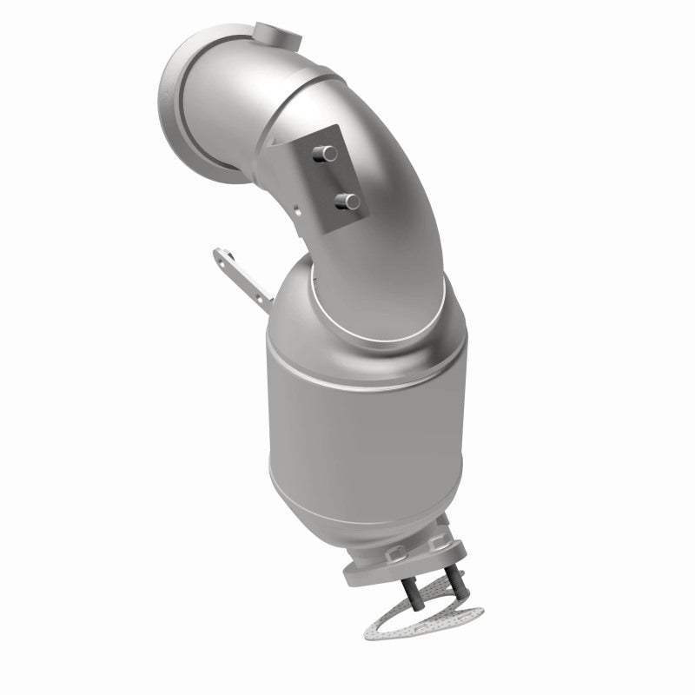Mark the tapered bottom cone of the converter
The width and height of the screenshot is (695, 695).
coord(400,513)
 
